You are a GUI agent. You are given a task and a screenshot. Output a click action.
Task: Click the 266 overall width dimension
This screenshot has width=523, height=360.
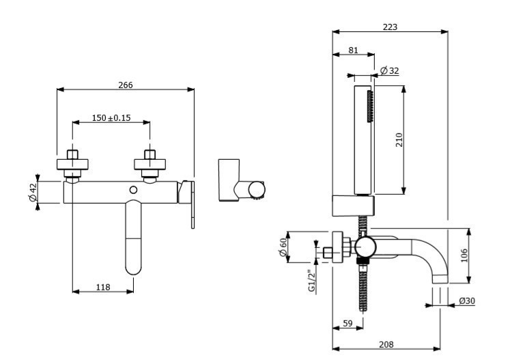click(x=126, y=85)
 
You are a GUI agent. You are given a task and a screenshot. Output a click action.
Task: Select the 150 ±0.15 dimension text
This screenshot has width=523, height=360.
click(x=111, y=117)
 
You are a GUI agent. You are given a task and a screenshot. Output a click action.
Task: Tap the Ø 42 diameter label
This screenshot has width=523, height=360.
click(x=32, y=193)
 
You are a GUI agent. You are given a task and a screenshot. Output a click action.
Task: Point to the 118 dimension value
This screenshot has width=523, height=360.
click(x=102, y=287)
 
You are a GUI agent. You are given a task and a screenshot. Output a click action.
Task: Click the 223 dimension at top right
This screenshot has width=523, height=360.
click(x=390, y=27)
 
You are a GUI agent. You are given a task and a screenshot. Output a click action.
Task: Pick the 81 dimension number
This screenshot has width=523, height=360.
click(x=353, y=50)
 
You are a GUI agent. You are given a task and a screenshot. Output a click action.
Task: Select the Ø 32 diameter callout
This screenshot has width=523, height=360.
click(x=390, y=70)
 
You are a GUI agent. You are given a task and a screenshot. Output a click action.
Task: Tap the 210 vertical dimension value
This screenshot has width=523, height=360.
click(x=399, y=139)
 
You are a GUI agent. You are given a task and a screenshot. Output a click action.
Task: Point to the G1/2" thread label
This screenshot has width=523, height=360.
click(x=311, y=281)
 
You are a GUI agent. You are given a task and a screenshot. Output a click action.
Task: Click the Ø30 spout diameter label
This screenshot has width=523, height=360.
click(x=467, y=301)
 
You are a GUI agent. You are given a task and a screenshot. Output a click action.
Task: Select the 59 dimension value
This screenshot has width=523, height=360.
click(x=348, y=324)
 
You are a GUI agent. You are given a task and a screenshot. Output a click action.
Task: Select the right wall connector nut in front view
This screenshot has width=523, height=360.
click(x=150, y=161)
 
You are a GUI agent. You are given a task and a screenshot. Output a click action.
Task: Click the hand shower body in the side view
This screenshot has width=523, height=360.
click(x=362, y=140)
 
